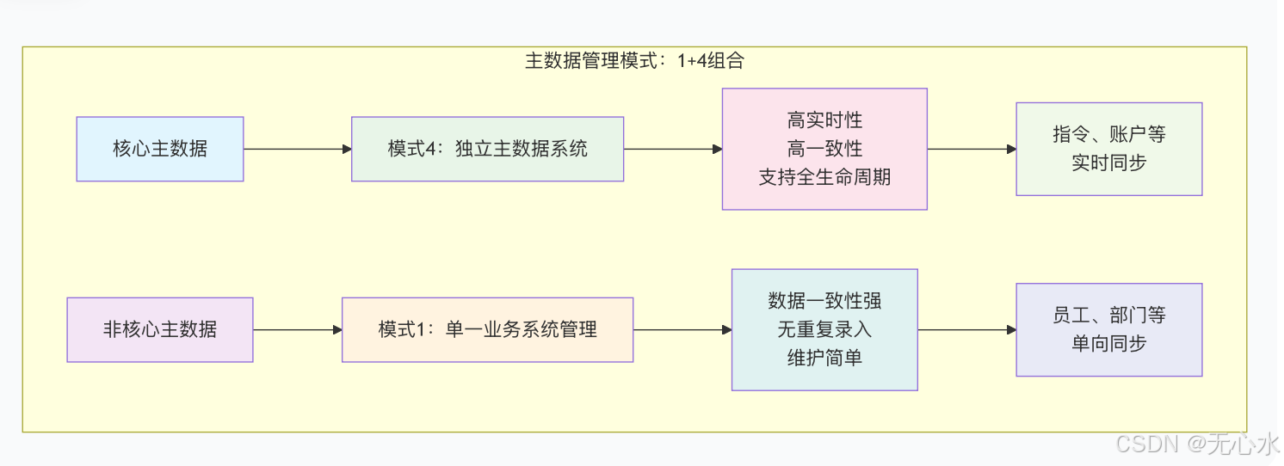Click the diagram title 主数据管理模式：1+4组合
[634, 61]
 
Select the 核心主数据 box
[160, 149]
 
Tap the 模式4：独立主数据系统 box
[487, 149]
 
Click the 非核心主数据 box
[160, 329]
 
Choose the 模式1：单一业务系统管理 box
[487, 329]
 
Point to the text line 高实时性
[824, 120]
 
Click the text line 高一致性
[824, 149]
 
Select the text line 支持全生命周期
[824, 178]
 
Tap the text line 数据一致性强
[824, 301]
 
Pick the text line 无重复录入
[824, 329]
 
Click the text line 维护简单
[824, 358]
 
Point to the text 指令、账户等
[1108, 135]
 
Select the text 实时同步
[1108, 163]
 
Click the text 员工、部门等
[1108, 316]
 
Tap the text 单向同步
[1108, 344]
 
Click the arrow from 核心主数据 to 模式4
[298, 149]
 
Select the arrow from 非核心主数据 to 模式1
[298, 329]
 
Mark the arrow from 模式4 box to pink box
[673, 149]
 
